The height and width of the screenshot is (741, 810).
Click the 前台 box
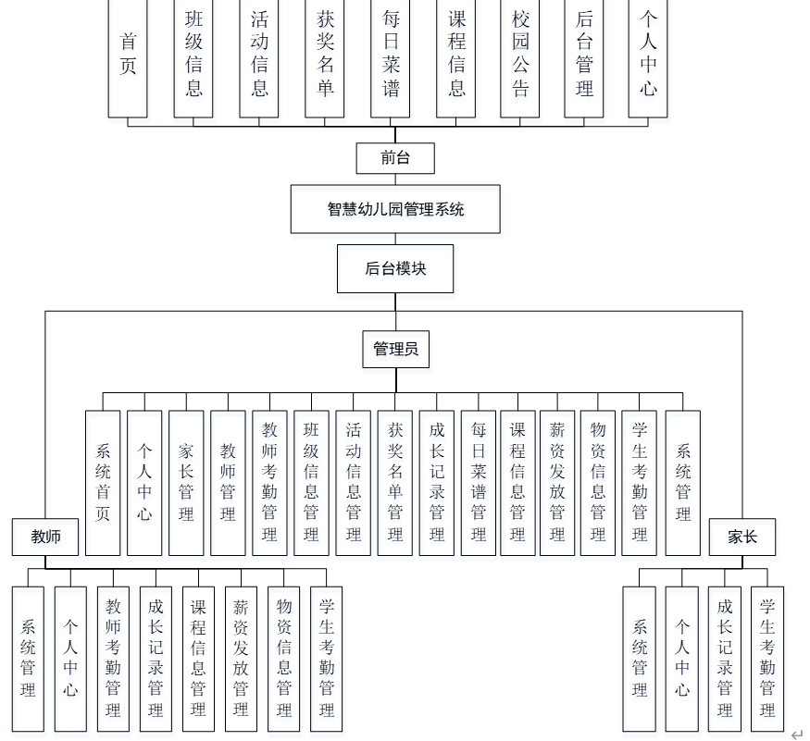pos(395,157)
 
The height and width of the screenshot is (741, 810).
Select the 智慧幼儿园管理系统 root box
pos(395,209)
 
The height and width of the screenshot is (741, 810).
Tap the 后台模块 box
pos(395,268)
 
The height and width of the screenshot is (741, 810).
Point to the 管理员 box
pos(395,349)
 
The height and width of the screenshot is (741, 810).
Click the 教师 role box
pos(45,537)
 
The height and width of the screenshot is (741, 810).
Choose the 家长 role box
pos(741,537)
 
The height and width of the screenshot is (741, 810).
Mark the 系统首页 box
pos(103,482)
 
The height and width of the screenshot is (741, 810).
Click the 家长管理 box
pos(186,482)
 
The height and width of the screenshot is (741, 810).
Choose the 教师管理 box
pos(228,482)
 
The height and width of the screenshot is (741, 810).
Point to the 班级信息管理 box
pos(311,482)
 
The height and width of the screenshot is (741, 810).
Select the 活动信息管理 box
pos(353,482)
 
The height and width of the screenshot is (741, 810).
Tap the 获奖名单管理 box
pos(395,482)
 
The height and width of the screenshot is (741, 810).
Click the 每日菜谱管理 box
pos(478,482)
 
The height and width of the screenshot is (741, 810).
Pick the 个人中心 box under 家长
pos(682,658)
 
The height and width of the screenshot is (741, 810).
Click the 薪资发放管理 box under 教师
pos(241,658)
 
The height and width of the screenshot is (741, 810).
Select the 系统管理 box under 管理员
pos(683,482)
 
